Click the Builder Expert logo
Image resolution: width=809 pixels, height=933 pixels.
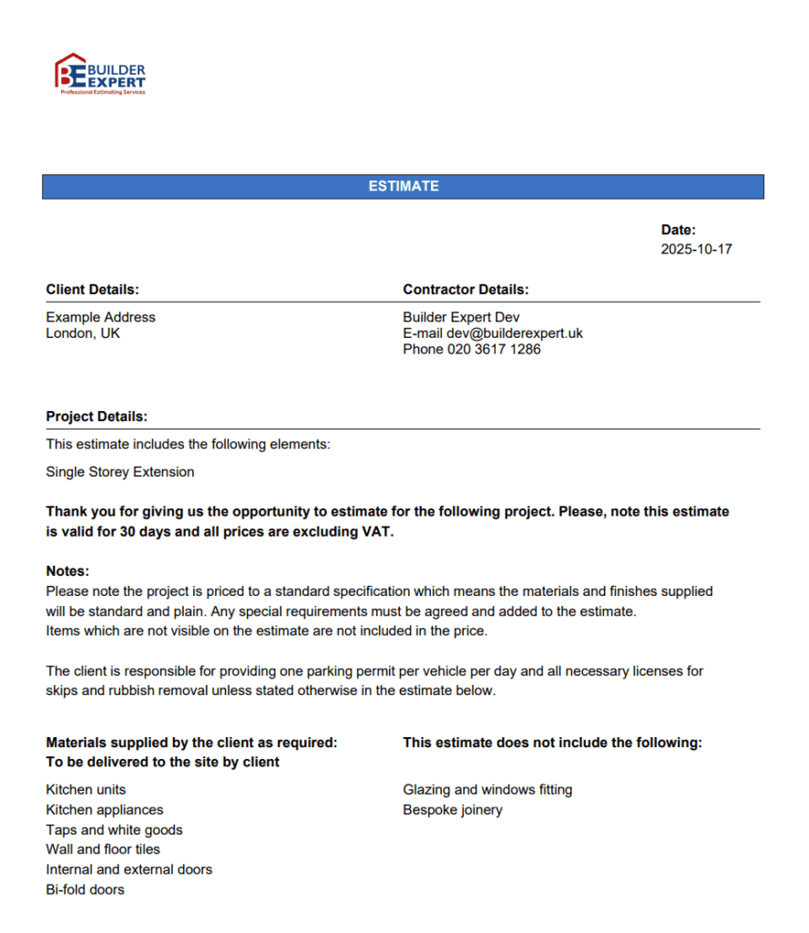coord(100,74)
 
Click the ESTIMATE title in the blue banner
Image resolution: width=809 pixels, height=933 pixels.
coord(404,186)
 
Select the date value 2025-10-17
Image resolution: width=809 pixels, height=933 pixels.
coord(696,249)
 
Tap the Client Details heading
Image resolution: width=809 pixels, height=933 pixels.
coord(93,290)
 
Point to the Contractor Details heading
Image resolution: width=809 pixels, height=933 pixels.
coord(466,290)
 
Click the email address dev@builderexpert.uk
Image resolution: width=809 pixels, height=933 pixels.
coord(515,333)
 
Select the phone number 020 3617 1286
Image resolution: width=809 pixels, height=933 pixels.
coord(494,349)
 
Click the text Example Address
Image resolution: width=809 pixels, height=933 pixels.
coord(101,317)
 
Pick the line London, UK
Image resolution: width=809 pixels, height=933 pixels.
coord(83,333)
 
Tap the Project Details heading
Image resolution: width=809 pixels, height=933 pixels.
coord(97,416)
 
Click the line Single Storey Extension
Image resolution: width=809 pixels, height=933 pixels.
coord(120,472)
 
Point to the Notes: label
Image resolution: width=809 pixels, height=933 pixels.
coord(68,571)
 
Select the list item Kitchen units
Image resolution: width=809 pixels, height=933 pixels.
coord(87,790)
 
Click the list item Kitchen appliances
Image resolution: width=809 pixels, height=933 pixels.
coord(105,810)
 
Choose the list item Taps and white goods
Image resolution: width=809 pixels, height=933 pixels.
coord(115,830)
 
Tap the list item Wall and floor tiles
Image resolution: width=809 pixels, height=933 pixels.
coord(103,849)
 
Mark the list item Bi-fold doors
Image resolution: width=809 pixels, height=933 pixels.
coord(86,889)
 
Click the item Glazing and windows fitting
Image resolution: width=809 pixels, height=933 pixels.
coord(487,790)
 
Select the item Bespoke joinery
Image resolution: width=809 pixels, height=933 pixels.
coord(453,810)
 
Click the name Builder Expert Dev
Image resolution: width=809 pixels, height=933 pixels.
coord(461,317)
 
